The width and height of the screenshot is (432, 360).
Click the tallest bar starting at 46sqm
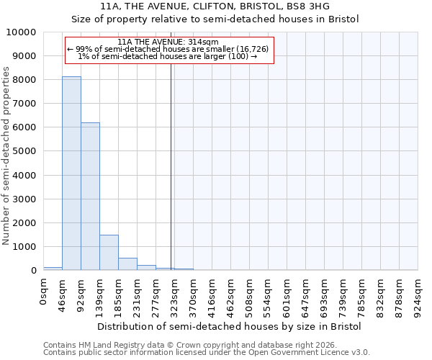(71, 174)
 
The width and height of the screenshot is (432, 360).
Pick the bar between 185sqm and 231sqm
(127, 264)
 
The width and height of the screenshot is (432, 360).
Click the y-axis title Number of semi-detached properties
(6, 156)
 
